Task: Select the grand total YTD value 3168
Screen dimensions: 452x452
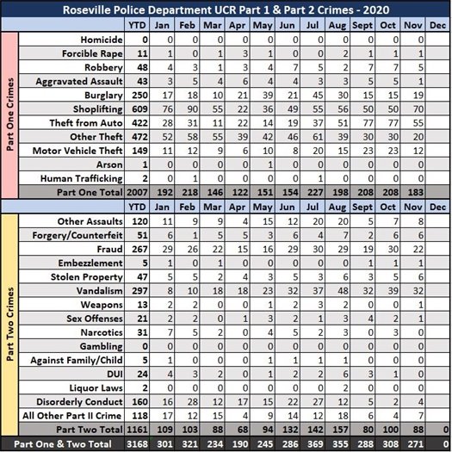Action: pos(148,444)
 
